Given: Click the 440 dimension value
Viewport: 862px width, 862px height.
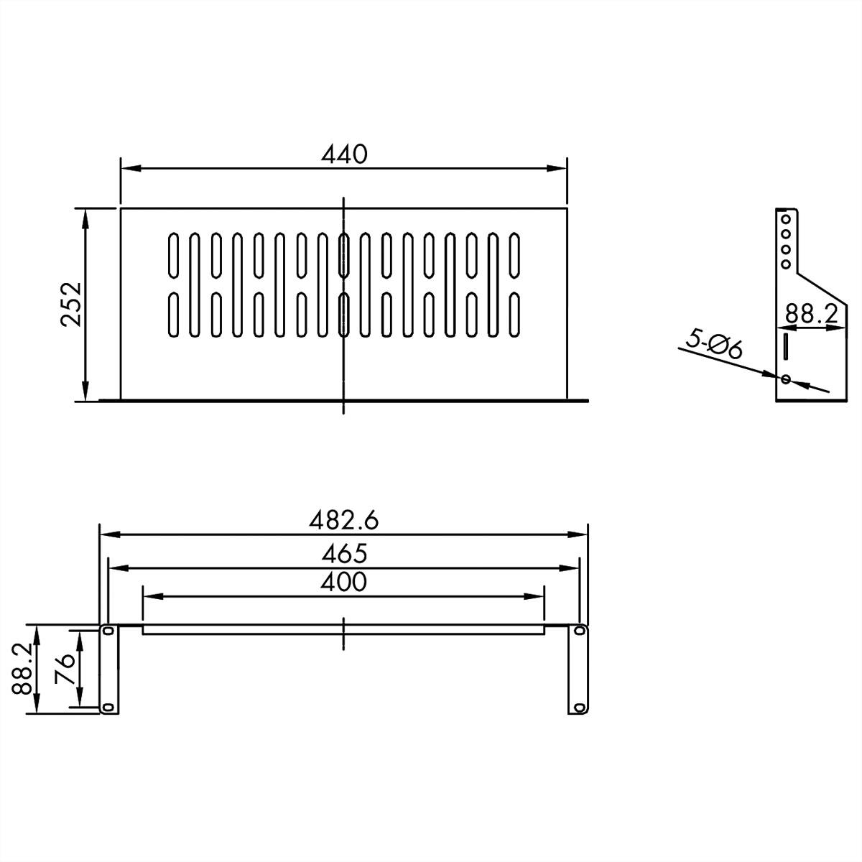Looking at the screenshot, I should point(344,154).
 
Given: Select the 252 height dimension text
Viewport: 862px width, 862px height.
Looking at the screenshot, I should point(73,305).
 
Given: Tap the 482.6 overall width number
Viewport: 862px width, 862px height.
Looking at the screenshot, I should point(343,519).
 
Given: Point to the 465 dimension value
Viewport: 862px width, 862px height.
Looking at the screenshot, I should point(343,553).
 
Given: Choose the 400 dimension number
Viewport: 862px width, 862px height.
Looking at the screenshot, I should point(343,581).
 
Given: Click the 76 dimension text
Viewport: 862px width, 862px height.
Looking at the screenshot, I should point(65,669).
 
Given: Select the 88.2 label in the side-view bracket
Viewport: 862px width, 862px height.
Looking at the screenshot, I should point(812,314).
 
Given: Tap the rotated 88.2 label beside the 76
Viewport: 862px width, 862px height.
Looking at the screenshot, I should point(23,669).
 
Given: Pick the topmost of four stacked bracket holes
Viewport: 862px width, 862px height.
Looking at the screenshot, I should point(786,218).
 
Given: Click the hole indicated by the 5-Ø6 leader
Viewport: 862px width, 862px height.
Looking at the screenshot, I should point(786,379).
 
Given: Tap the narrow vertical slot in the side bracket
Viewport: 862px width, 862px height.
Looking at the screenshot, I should point(785,346).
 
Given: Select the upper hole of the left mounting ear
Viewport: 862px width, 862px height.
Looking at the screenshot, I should point(108,631).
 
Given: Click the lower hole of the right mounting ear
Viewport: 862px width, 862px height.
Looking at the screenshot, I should point(578,708).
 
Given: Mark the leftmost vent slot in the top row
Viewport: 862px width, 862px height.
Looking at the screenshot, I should point(172,254).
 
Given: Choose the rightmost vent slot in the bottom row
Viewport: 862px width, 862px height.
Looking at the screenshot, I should point(514,314).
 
